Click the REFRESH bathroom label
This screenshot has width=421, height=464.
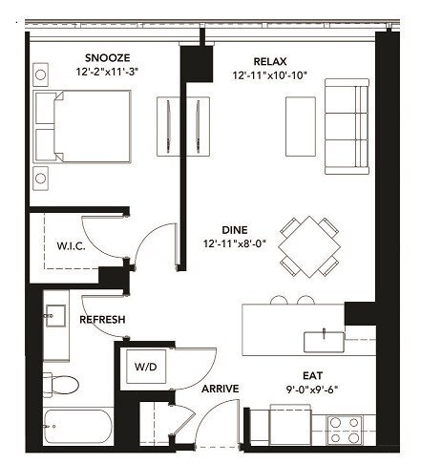[104, 319]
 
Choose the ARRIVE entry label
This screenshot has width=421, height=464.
[219, 389]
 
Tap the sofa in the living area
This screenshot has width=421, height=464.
[347, 127]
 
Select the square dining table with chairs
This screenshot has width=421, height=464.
[308, 243]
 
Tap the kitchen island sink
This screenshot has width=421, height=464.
[324, 338]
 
